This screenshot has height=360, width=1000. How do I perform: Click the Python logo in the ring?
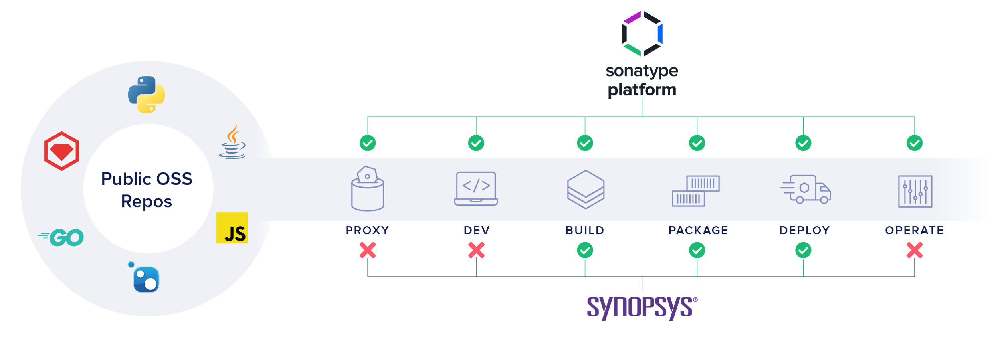coord(147,95)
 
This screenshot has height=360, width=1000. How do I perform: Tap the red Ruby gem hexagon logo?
coord(61,151)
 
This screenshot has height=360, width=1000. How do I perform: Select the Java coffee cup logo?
coord(232,142)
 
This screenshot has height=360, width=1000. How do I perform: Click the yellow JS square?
coord(232,228)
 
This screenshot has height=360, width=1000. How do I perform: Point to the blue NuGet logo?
coord(145,279)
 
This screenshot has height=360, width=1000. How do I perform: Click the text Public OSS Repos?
coord(147,190)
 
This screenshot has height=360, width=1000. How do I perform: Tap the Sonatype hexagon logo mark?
coord(642,34)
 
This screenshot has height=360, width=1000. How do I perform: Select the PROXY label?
coord(367,231)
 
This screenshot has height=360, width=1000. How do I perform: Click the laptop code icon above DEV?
coord(476,188)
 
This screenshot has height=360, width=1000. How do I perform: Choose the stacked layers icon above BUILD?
coord(586,189)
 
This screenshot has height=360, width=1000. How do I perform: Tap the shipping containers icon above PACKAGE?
coord(696,191)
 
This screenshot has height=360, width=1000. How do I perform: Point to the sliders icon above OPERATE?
coord(915,191)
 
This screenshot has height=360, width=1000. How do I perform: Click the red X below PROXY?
coord(367,250)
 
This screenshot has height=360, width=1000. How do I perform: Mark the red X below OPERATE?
coord(915,250)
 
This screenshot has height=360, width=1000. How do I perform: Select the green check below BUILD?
coord(585,250)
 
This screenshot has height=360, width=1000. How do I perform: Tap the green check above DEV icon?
coord(476,143)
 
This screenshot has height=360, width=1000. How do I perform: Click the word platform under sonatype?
coord(642,90)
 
